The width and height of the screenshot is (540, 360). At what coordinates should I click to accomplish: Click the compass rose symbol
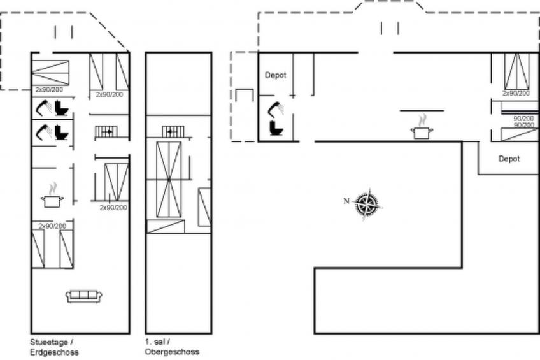[x=368, y=204]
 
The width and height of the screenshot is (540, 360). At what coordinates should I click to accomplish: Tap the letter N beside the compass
[x=346, y=201]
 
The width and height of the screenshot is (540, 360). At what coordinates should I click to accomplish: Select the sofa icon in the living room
[x=83, y=296]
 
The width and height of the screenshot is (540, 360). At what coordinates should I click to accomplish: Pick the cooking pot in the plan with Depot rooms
[x=422, y=127]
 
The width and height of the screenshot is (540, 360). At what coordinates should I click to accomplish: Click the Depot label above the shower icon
[x=276, y=75]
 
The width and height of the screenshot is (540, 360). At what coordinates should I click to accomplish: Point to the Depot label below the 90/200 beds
[x=509, y=159]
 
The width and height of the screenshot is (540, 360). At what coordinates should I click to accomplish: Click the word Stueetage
[x=49, y=342]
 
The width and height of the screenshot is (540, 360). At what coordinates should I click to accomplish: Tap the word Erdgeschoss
[x=54, y=352]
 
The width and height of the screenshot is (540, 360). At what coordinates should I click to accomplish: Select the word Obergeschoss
[x=172, y=352]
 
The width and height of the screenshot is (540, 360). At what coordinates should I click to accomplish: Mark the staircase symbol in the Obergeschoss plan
[x=173, y=132]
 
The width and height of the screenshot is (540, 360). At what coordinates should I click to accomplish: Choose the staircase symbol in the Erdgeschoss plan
[x=106, y=132]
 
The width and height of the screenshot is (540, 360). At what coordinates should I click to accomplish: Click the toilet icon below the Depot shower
[x=276, y=127]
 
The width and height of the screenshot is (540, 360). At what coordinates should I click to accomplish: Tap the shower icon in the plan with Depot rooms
[x=276, y=109]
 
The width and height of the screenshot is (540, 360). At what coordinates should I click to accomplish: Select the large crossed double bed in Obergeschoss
[x=169, y=180]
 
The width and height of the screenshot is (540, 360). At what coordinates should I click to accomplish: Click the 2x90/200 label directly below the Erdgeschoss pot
[x=52, y=226]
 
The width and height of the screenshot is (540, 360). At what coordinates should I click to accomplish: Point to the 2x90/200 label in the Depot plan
[x=516, y=94]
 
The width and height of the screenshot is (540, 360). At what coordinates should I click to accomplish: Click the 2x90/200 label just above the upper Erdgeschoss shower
[x=49, y=90]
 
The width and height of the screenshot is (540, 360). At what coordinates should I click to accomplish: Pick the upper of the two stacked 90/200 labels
[x=523, y=119]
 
